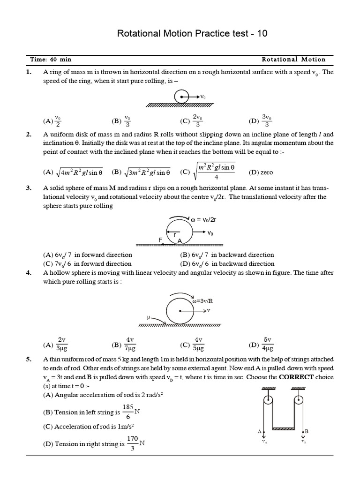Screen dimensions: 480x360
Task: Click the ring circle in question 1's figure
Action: pos(181,97)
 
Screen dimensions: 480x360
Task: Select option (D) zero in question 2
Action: pos(261,172)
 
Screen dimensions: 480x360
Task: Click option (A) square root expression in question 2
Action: pos(73,172)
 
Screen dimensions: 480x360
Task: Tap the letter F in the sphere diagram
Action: pos(160,240)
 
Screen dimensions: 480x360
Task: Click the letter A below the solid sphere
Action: pos(179,241)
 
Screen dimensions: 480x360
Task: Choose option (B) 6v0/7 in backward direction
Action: pos(227,255)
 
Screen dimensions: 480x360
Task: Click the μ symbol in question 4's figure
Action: pos(150,317)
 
